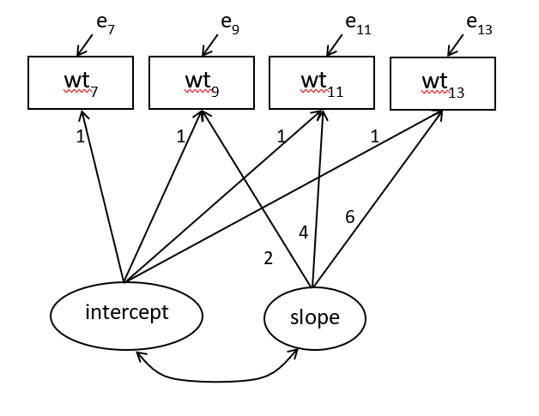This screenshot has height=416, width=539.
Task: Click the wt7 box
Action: click(81, 82)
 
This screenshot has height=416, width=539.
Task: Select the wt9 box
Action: click(202, 82)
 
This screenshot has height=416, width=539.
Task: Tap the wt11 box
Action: click(322, 82)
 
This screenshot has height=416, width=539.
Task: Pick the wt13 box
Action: click(443, 83)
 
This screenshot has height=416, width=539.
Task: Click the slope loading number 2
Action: click(268, 257)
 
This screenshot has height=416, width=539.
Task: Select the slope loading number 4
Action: click(303, 232)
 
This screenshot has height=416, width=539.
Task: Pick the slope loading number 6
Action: click(349, 217)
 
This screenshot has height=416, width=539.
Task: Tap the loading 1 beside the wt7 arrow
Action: click(80, 136)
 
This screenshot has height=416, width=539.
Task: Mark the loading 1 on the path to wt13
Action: click(374, 136)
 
